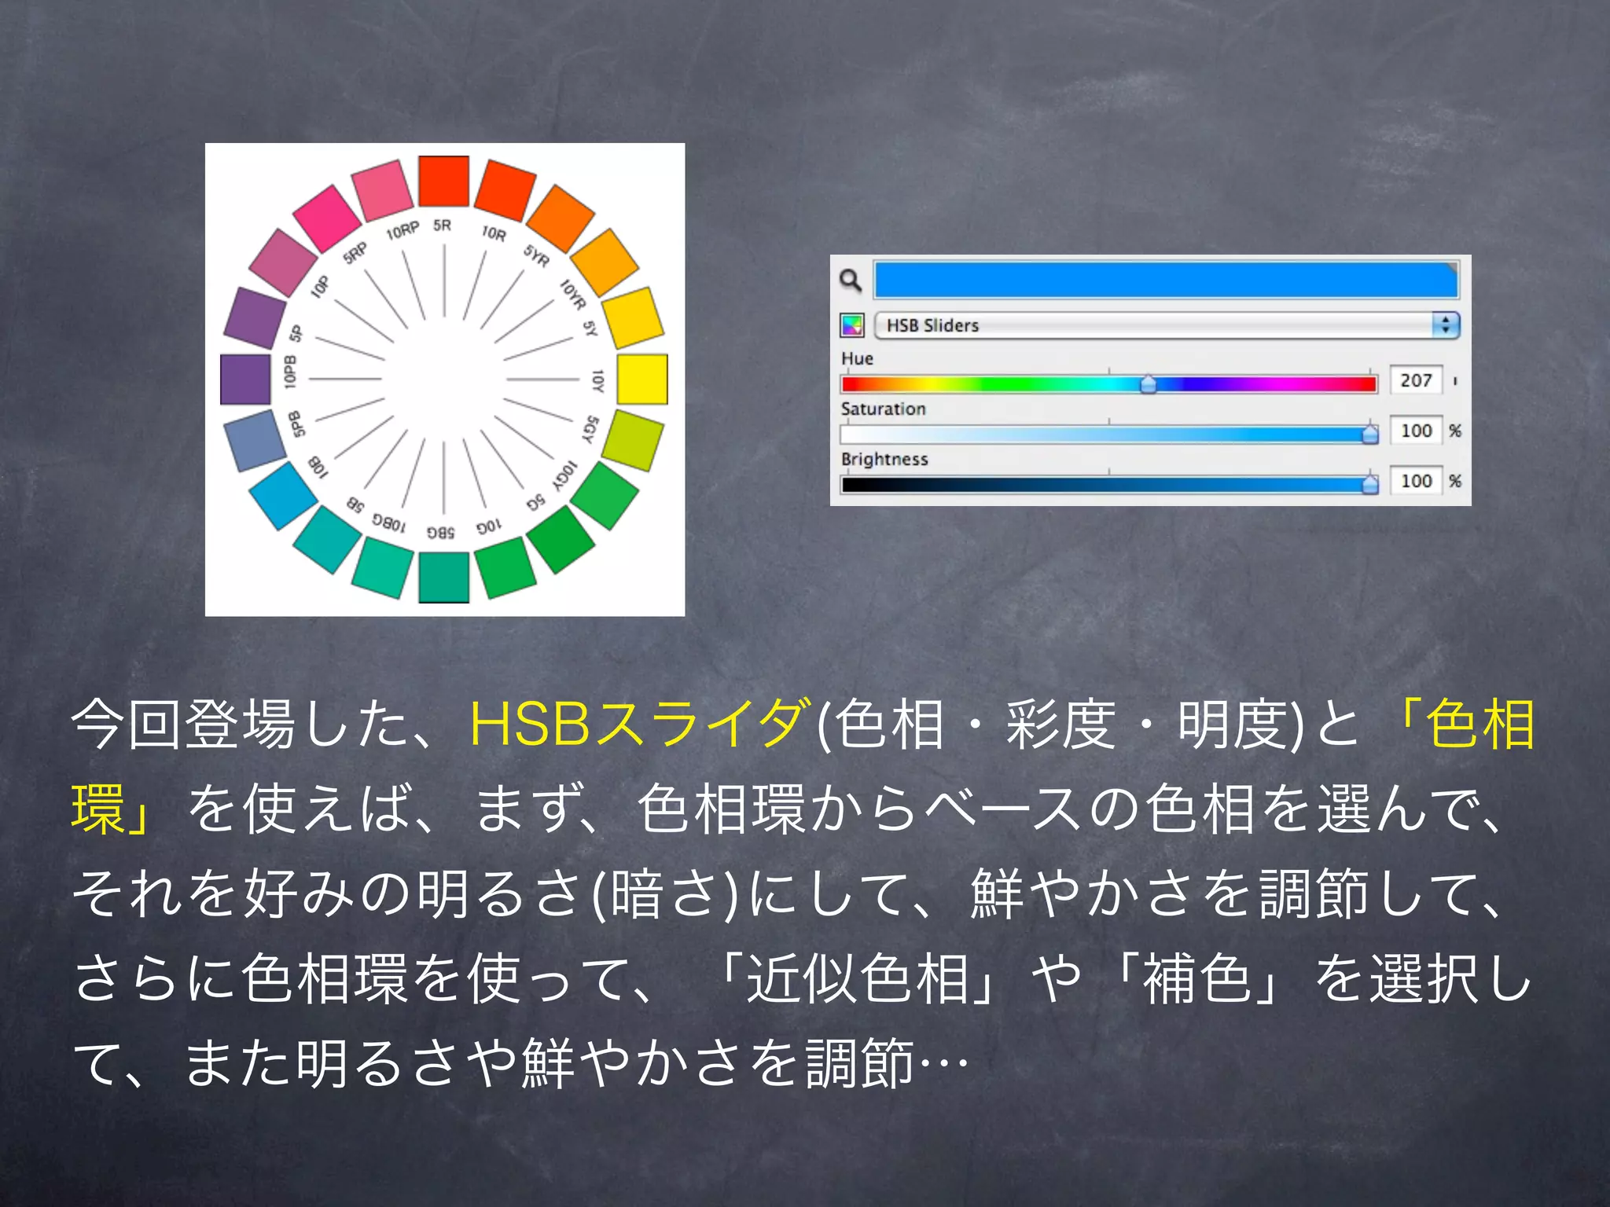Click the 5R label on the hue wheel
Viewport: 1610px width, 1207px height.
(x=443, y=226)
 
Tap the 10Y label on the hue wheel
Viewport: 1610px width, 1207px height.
(x=597, y=380)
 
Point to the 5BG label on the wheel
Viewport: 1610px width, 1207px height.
(x=441, y=532)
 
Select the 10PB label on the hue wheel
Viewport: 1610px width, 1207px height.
(x=290, y=372)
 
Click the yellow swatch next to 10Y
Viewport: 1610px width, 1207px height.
(x=641, y=379)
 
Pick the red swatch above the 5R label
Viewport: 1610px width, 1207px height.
(x=443, y=181)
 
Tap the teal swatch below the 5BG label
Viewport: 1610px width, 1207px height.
(x=443, y=577)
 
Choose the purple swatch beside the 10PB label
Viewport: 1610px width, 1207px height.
(x=245, y=380)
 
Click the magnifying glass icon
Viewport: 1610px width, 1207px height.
(x=851, y=280)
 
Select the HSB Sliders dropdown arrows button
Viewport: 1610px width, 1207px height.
(x=1445, y=325)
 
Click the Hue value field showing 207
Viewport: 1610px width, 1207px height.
(x=1416, y=380)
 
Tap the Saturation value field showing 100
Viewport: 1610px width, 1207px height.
(x=1416, y=431)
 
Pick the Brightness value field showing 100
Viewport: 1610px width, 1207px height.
(x=1416, y=481)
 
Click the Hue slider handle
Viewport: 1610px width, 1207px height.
(x=1149, y=383)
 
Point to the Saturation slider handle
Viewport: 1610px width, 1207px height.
(x=1370, y=433)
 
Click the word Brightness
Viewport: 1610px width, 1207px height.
(x=884, y=459)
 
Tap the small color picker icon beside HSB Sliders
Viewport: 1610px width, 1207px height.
(x=852, y=325)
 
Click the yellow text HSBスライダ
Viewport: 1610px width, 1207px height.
(x=637, y=724)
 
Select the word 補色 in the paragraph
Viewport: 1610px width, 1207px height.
(x=1196, y=979)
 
